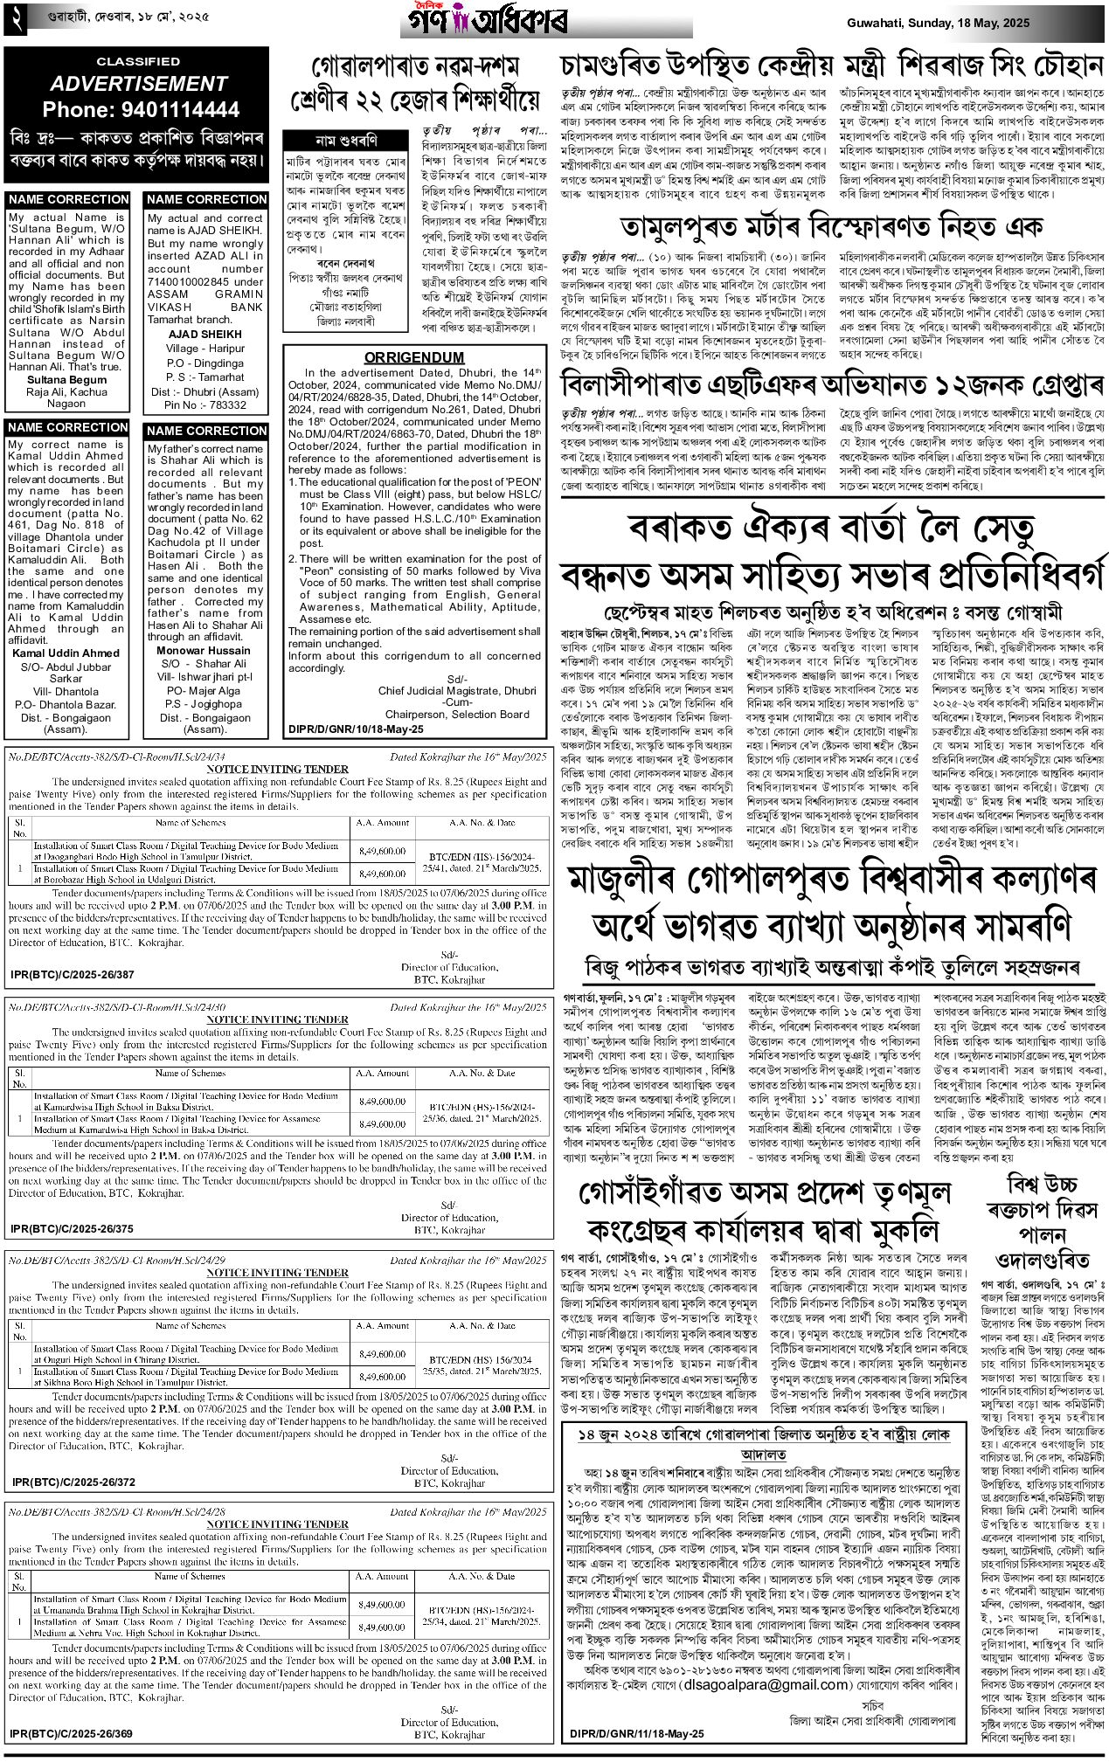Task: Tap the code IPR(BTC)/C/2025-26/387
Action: pos(73,974)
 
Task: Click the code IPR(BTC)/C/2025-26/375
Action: pos(73,1228)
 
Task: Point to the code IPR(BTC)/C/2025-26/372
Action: pos(73,1482)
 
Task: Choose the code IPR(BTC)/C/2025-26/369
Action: pos(73,1733)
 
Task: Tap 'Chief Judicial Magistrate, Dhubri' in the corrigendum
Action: pos(457,690)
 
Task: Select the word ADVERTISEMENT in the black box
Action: pos(139,84)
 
